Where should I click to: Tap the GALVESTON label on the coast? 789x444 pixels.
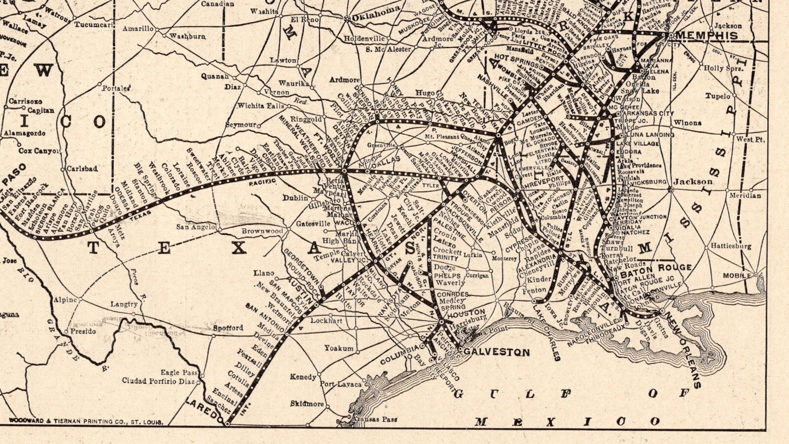497,352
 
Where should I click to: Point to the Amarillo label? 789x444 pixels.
138,29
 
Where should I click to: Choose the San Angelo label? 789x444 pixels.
196,227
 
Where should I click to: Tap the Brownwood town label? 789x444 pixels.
262,231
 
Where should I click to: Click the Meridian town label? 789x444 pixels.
746,195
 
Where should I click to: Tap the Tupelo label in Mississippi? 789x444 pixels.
717,96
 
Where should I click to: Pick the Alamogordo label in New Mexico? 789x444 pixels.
25,133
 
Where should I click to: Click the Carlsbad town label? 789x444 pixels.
82,169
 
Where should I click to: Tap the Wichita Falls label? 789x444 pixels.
261,106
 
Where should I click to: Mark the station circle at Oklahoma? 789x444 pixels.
347,19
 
